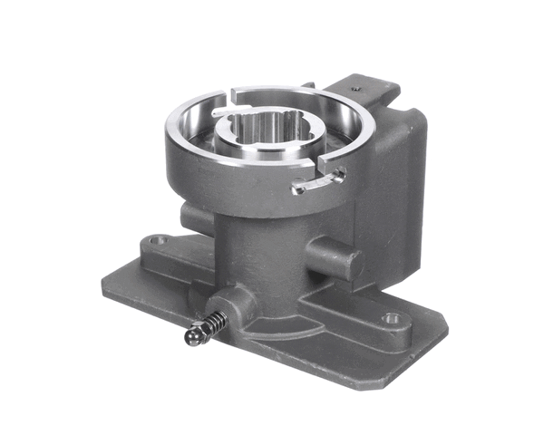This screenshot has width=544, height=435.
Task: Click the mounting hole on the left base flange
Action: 160,241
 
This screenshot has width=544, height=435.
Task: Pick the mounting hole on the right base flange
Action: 392,318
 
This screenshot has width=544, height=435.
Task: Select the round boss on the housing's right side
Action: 335,257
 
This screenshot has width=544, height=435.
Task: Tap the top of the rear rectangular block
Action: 372,91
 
